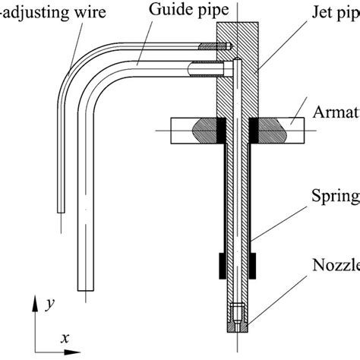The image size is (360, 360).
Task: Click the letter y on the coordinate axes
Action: pos(49,304)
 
